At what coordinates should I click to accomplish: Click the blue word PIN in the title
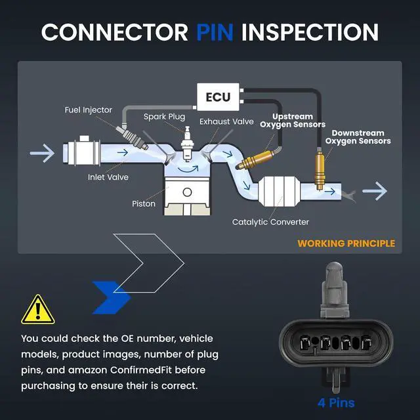(215, 32)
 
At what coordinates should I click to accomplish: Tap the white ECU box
(218, 97)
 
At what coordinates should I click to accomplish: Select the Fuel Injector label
(89, 110)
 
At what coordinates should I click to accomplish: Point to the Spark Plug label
(164, 117)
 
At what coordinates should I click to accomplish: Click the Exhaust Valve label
(226, 121)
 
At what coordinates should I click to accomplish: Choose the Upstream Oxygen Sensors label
(293, 121)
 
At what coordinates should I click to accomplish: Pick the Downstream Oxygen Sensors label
(358, 137)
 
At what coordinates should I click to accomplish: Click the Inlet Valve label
(108, 177)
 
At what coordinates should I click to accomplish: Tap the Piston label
(144, 204)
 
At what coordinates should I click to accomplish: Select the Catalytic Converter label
(270, 222)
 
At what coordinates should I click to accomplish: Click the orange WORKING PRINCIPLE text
(346, 243)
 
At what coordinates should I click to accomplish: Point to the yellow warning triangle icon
(38, 310)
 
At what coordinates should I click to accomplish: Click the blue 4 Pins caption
(336, 403)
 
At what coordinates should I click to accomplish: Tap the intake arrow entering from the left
(42, 153)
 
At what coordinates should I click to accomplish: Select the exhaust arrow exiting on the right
(375, 191)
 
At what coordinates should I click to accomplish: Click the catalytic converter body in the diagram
(279, 191)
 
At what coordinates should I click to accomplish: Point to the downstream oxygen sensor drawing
(320, 168)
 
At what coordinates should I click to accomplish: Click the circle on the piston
(187, 192)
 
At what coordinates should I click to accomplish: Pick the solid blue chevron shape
(111, 297)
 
